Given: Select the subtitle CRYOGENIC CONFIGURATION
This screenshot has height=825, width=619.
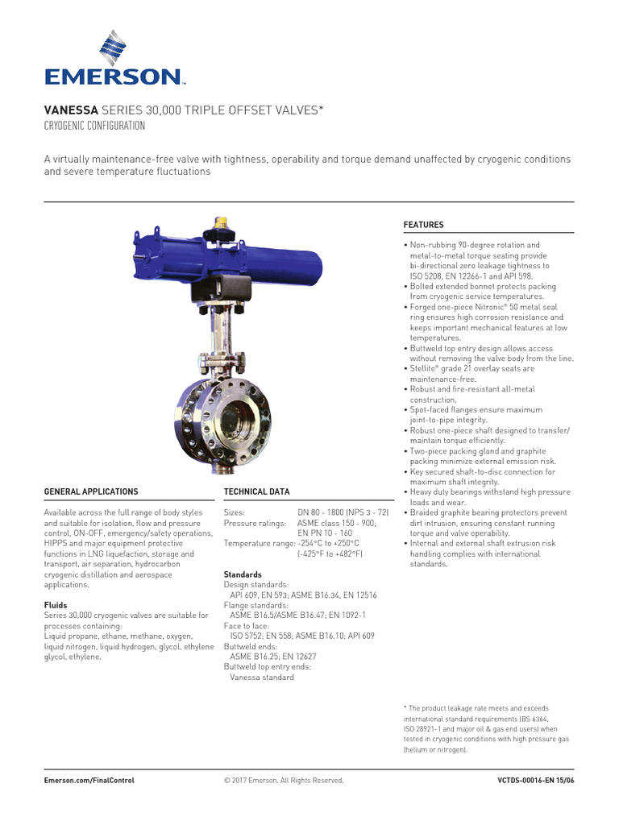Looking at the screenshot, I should [94, 126].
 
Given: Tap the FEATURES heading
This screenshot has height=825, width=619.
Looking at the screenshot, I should [423, 225].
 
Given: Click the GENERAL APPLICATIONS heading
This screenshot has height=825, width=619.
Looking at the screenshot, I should [91, 491].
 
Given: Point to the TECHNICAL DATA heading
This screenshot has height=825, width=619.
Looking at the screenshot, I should [256, 491].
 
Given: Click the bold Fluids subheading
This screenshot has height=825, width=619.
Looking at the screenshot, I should [56, 605].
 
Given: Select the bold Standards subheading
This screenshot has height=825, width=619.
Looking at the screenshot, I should [243, 574].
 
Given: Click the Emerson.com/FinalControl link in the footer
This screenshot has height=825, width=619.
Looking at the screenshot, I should [89, 780].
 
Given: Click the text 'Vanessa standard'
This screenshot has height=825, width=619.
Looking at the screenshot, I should [262, 678].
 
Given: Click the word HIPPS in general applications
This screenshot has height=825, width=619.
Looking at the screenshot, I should [57, 544].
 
